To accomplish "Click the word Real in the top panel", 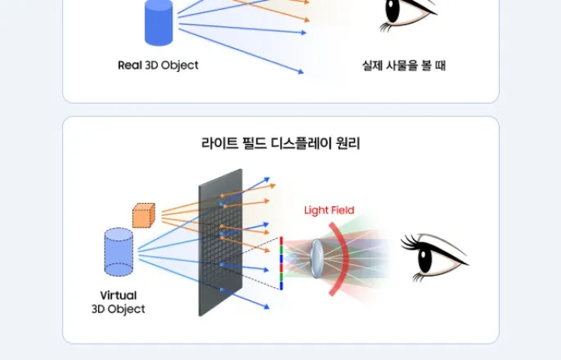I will click(130, 65).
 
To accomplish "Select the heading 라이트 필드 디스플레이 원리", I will click(280, 143).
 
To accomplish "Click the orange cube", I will click(144, 215).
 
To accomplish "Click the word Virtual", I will click(119, 295).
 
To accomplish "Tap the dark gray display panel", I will click(221, 244).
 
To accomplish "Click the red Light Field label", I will click(329, 210).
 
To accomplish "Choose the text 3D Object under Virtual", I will click(119, 309).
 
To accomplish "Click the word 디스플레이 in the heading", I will click(296, 143).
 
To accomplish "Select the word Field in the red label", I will click(342, 210).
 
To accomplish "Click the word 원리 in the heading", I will click(348, 143).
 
